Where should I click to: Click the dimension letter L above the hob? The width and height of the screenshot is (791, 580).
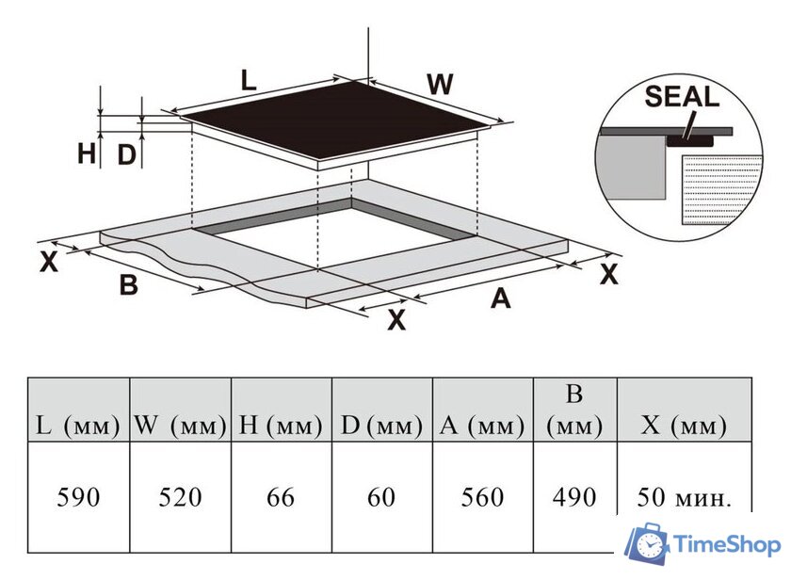click(249, 81)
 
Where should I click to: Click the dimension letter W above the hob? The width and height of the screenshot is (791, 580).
click(440, 84)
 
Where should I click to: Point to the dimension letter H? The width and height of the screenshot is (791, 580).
click(87, 153)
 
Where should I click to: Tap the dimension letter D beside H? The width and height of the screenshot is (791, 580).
click(126, 154)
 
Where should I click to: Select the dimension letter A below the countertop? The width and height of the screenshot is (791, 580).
click(500, 298)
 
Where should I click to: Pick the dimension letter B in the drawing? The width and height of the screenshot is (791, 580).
click(129, 284)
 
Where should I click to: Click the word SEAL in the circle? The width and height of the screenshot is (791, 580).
click(682, 96)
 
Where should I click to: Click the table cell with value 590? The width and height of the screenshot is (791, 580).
click(79, 497)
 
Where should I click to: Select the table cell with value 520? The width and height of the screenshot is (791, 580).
click(180, 497)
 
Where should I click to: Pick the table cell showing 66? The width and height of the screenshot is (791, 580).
click(281, 497)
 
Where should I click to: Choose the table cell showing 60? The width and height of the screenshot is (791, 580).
click(382, 497)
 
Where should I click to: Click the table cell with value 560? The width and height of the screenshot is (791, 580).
click(483, 497)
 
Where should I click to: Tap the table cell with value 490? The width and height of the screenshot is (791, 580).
click(575, 497)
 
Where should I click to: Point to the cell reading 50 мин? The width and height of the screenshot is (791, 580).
click(684, 498)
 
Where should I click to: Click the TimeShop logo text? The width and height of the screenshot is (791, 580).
click(727, 545)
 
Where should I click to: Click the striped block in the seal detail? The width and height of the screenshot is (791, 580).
click(720, 189)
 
